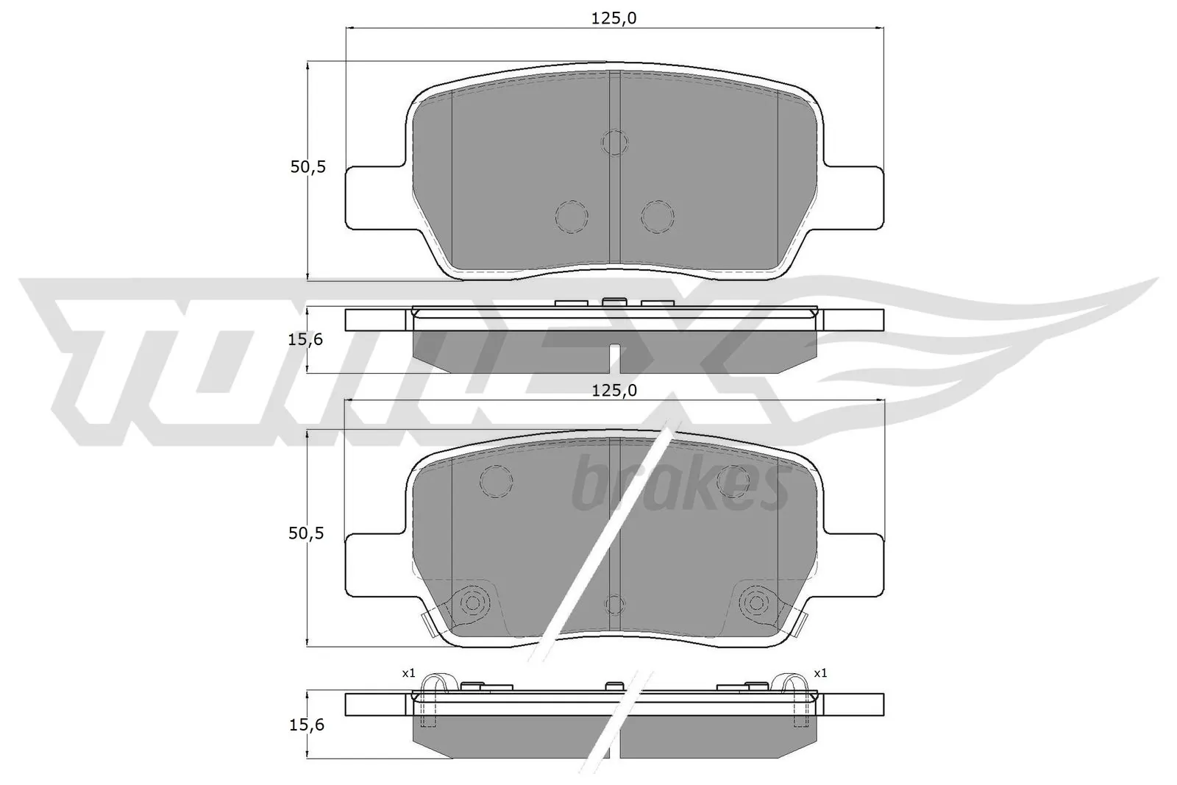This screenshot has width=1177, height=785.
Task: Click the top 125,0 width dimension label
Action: (614, 18)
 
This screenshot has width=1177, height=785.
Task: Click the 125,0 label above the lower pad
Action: (614, 391)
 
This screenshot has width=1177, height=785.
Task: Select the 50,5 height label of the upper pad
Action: (307, 167)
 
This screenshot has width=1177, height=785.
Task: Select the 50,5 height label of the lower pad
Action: (307, 533)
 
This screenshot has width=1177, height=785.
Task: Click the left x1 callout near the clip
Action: (408, 672)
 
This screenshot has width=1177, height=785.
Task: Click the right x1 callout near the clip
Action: (820, 672)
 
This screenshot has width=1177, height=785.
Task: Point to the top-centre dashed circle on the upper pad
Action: (614, 141)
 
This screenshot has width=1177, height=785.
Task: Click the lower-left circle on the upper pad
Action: (572, 216)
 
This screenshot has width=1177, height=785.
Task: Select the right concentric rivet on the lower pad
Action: (755, 603)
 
